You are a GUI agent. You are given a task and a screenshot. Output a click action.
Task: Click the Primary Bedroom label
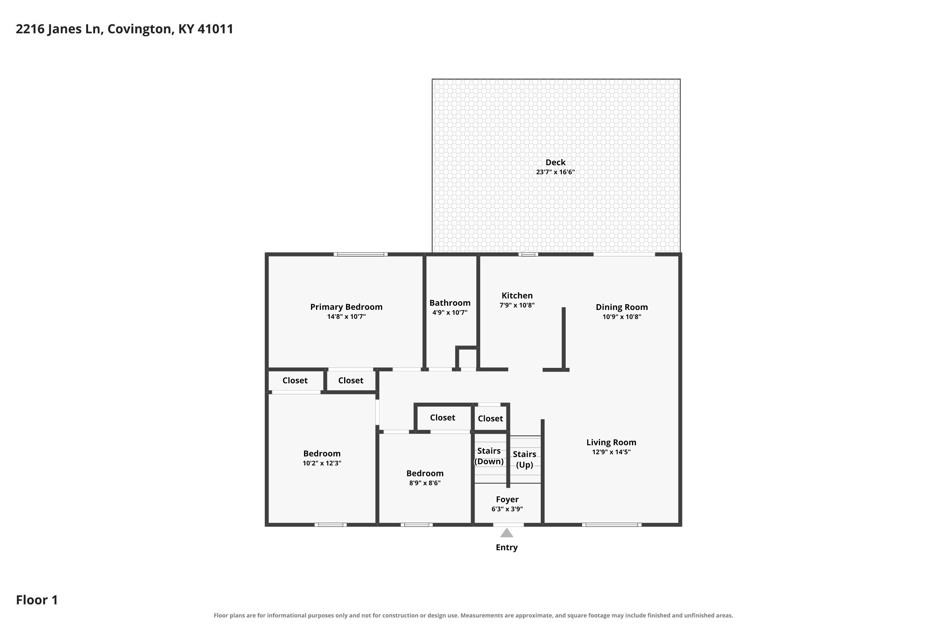346,307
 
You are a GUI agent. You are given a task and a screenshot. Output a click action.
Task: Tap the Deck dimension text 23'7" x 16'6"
555,172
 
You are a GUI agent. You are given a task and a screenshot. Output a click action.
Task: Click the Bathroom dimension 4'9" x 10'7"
450,312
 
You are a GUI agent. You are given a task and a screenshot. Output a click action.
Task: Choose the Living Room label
611,442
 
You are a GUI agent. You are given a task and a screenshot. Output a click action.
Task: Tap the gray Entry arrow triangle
507,533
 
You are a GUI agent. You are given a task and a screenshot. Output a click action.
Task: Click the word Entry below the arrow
507,547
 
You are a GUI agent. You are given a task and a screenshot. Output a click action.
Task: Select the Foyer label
507,499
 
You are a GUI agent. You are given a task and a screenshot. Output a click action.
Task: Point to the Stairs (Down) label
489,456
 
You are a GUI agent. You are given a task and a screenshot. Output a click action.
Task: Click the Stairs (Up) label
524,459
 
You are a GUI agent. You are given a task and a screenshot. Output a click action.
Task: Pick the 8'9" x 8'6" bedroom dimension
425,483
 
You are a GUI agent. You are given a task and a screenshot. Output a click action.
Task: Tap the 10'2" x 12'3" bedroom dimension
322,463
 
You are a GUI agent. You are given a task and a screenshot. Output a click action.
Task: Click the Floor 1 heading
37,600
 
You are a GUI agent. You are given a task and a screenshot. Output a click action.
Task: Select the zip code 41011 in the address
215,29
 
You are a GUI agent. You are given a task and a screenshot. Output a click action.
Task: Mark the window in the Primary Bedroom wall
360,254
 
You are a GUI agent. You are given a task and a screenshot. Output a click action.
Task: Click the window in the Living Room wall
612,525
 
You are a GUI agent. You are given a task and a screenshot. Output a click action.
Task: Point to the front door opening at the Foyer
509,525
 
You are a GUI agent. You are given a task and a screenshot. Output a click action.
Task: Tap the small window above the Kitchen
528,254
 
